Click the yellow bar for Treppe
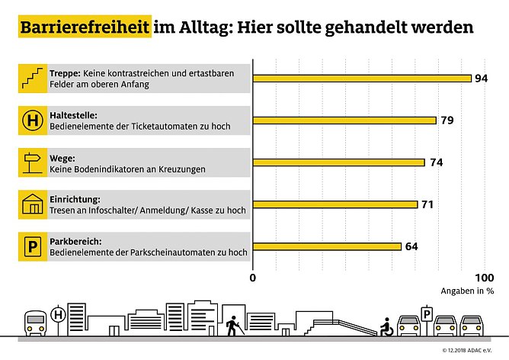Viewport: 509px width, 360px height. click(x=362, y=78)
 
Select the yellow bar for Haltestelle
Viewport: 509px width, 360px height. click(x=344, y=120)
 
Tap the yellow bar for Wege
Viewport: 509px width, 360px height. click(x=338, y=162)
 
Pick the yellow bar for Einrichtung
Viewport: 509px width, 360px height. click(x=335, y=204)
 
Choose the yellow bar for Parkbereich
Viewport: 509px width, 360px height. click(x=327, y=246)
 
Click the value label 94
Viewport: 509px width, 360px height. click(x=481, y=78)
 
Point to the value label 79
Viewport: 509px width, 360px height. click(x=447, y=120)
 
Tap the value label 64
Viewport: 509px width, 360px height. click(x=412, y=246)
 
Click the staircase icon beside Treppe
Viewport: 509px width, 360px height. click(x=34, y=78)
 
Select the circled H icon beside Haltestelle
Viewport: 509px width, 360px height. click(x=34, y=120)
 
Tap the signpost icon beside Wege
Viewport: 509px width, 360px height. click(x=34, y=162)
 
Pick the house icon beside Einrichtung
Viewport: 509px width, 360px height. click(x=34, y=204)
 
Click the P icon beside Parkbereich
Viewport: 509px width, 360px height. click(x=34, y=246)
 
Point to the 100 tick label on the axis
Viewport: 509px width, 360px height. click(x=483, y=277)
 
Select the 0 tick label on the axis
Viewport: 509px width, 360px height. click(x=253, y=277)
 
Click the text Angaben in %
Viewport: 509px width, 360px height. click(x=466, y=291)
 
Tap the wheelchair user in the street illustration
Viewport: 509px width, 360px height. click(x=387, y=327)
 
